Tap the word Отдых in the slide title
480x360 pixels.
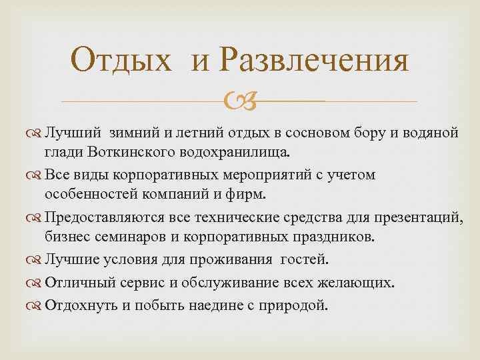pos(127,61)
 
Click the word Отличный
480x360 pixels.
pos(76,283)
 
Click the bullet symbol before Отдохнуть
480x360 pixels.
pos(37,305)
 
